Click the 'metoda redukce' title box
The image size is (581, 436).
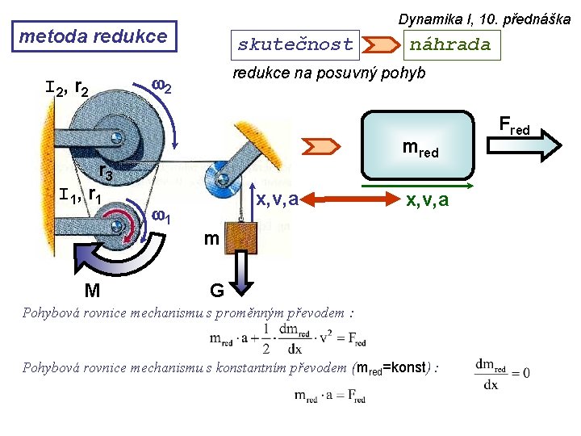point(94,36)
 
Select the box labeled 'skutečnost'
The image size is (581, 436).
point(295,45)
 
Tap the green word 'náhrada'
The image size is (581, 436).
point(450,45)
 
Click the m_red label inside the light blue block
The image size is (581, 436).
point(420,149)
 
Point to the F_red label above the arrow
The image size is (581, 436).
point(514,125)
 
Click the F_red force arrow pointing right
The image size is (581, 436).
point(524,145)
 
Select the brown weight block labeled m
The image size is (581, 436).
point(240,237)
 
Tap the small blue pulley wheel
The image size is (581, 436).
point(223,179)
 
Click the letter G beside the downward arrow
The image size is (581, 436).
point(217,291)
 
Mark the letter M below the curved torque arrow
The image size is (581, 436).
point(92,291)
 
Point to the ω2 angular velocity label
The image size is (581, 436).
point(161,86)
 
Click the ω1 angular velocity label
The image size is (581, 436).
point(161,216)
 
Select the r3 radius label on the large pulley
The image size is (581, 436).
point(106,172)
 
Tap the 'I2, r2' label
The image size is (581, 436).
point(67,89)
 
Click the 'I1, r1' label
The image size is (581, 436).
point(80,195)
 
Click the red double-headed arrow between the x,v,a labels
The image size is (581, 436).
point(350,199)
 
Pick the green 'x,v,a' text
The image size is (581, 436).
point(427,200)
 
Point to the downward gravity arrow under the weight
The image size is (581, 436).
point(241,273)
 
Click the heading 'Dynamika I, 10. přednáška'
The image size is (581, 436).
point(484,19)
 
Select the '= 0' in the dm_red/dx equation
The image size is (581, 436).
point(520,372)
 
